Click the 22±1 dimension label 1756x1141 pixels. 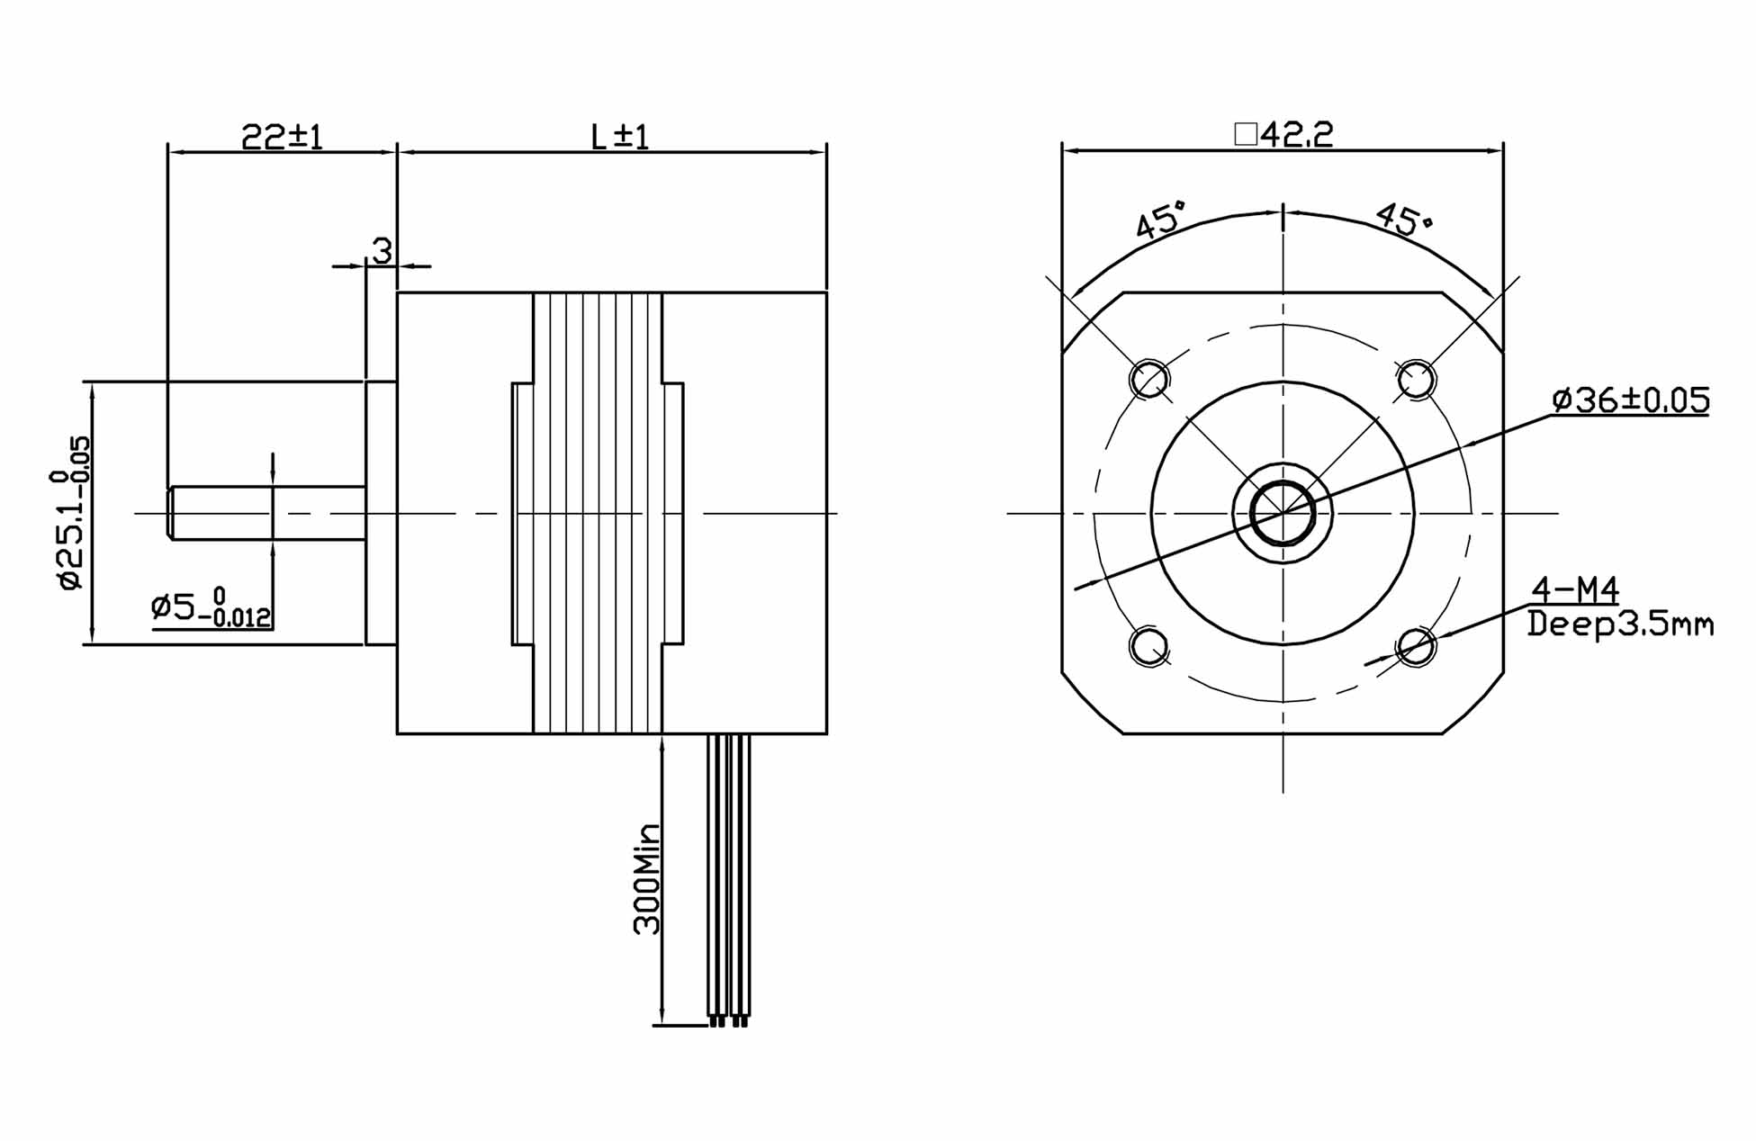(x=282, y=137)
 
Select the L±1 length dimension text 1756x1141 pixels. (x=619, y=137)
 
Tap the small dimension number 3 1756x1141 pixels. (x=383, y=251)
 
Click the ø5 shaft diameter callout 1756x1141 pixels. (x=211, y=607)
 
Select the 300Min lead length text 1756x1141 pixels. (x=647, y=879)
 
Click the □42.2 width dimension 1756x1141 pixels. (x=1283, y=135)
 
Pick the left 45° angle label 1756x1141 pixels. (x=1161, y=220)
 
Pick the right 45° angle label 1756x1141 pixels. (x=1403, y=219)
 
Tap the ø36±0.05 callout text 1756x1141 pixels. (x=1631, y=400)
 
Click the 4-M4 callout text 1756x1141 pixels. (x=1575, y=590)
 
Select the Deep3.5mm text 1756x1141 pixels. (x=1620, y=624)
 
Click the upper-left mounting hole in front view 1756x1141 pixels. (x=1148, y=379)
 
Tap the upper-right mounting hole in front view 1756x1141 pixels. (x=1416, y=379)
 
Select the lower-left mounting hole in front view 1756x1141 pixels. (x=1148, y=646)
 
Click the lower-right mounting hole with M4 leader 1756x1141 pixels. (x=1416, y=646)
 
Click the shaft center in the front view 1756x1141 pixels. (x=1283, y=514)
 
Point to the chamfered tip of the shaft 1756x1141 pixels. (x=170, y=513)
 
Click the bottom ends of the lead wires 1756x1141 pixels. (x=729, y=1020)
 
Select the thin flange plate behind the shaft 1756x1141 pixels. (x=381, y=513)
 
